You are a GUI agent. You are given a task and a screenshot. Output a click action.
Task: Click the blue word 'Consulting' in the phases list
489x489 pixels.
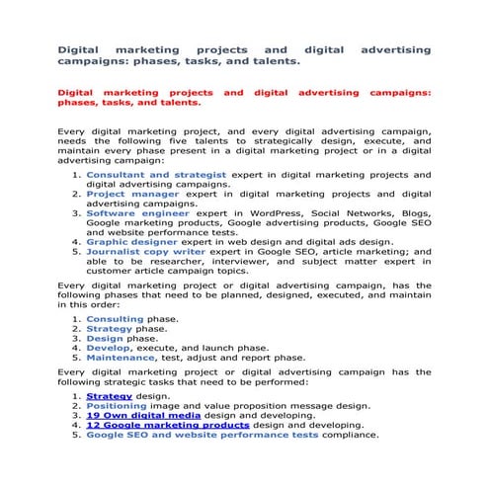[115, 319]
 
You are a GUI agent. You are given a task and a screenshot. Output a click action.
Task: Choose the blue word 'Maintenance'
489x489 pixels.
[122, 358]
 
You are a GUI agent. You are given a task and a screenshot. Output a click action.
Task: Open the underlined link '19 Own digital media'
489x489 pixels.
[141, 415]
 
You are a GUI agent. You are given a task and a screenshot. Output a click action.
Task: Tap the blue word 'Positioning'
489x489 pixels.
[119, 405]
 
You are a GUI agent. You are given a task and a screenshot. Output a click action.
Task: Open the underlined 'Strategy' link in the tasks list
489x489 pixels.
[110, 395]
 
